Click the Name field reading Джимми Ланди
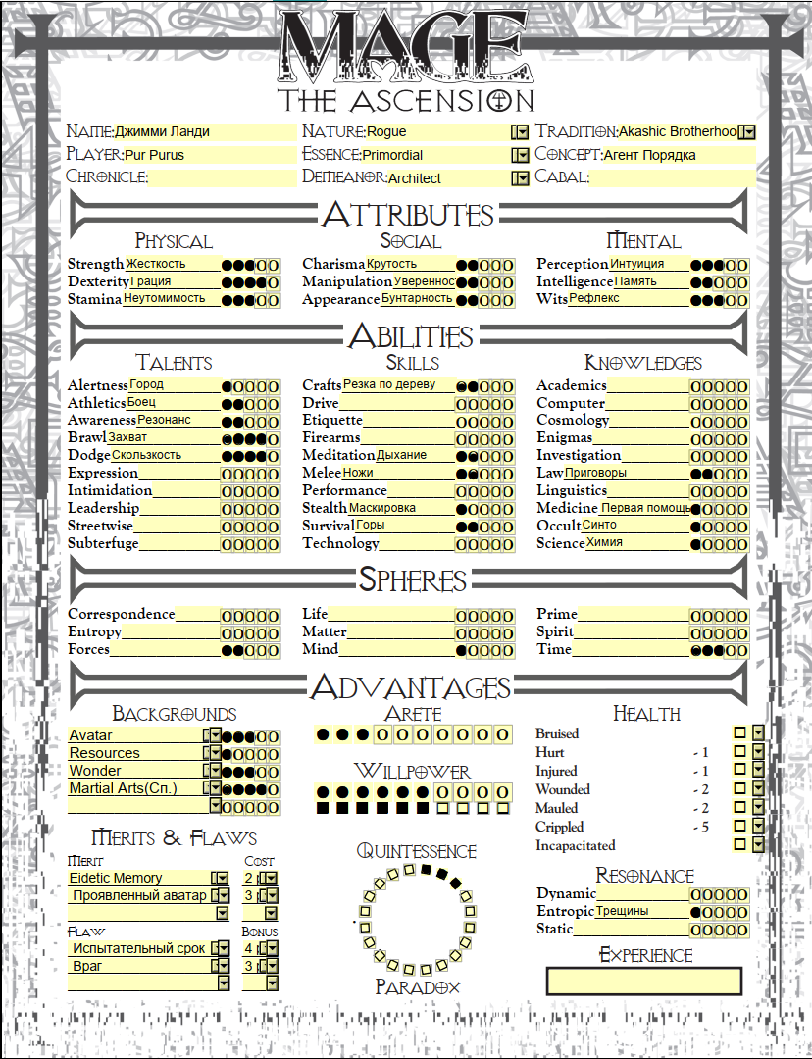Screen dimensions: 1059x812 [203, 131]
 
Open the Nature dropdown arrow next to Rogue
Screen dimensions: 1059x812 [520, 131]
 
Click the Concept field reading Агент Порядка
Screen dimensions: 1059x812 [677, 155]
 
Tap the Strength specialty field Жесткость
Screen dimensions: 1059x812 [172, 264]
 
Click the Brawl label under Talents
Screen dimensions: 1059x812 [86, 437]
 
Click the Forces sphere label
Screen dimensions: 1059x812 [88, 649]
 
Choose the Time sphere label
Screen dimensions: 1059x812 [554, 649]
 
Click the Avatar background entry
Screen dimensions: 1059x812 [134, 736]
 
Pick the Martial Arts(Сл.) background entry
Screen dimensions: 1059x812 [134, 788]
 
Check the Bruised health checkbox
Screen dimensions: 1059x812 [740, 733]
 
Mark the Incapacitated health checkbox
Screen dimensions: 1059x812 [740, 844]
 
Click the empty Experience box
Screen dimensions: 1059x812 [643, 981]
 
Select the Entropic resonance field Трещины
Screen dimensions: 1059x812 [641, 911]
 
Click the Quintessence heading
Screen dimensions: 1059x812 [416, 851]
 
